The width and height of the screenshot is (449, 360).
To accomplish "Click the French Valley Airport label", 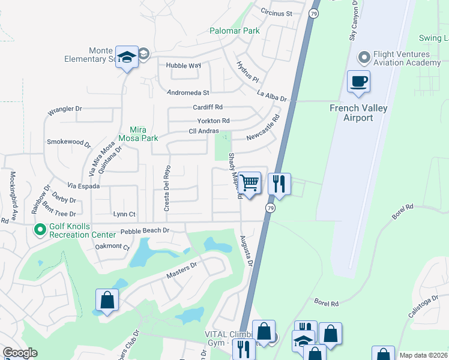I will click(x=358, y=113).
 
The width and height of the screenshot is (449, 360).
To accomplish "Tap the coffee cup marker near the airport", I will click(x=358, y=82).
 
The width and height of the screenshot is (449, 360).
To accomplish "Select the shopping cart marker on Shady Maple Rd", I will click(x=250, y=182).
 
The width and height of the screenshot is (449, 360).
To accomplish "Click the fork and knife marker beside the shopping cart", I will click(x=279, y=183).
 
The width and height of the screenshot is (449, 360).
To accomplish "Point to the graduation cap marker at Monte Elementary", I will click(x=127, y=57).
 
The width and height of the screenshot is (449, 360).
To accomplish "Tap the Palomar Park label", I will click(x=234, y=31).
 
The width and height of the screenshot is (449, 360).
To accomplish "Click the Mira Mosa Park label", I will click(x=143, y=133).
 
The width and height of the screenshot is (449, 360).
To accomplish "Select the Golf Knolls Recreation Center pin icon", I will click(x=40, y=229).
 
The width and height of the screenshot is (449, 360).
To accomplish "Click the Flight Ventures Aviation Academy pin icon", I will click(x=363, y=58).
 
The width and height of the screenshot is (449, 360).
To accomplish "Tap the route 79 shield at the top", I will click(x=314, y=13).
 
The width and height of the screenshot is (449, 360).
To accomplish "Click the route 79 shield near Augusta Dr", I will click(x=271, y=208).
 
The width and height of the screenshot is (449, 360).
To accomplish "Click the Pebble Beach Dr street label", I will click(x=145, y=230).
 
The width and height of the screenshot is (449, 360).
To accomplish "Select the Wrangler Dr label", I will click(x=64, y=109).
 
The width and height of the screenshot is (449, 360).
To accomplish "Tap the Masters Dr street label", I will click(x=181, y=271).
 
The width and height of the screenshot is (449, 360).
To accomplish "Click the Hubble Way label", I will click(x=184, y=65).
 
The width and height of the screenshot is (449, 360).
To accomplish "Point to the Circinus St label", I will click(x=276, y=13).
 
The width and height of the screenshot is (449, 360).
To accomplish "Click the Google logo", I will click(x=20, y=353).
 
